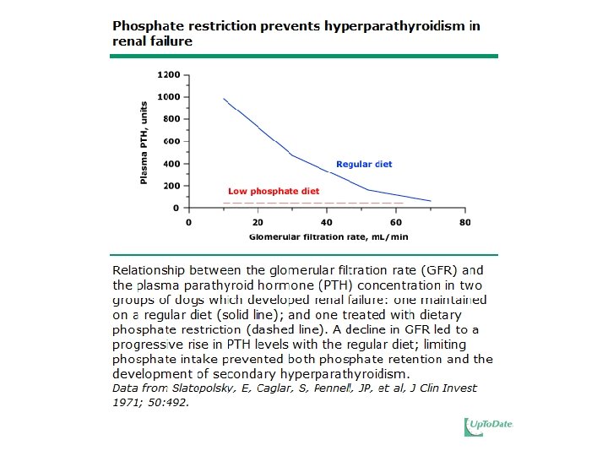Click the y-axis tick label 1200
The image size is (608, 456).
(x=168, y=75)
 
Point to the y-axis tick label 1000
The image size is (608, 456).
(x=168, y=97)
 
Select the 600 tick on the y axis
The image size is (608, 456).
(x=171, y=141)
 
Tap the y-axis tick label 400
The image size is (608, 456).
(x=171, y=163)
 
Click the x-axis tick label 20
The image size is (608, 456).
(x=258, y=222)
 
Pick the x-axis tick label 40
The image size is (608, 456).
(x=327, y=222)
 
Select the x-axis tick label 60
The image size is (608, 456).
(x=396, y=222)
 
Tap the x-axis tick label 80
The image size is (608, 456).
(x=465, y=222)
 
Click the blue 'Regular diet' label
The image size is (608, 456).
(x=364, y=164)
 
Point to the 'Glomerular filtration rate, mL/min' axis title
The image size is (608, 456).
(x=327, y=236)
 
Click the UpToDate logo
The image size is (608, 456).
(x=488, y=427)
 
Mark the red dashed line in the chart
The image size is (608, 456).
(x=312, y=204)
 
